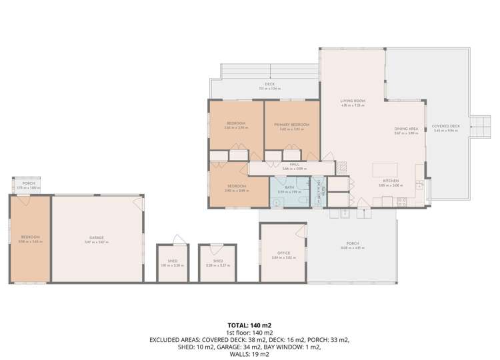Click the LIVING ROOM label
(x=353, y=101)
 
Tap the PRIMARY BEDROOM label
(x=292, y=125)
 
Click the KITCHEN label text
(x=391, y=181)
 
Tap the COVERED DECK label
(x=445, y=126)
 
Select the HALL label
(x=294, y=164)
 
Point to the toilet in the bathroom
(x=302, y=200)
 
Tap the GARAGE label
(x=97, y=237)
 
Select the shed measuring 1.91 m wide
(x=173, y=263)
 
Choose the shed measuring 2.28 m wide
(x=217, y=263)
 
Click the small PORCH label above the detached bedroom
(x=29, y=183)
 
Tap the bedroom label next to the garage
(x=30, y=237)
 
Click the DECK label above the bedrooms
(x=269, y=84)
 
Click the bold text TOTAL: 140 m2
(x=250, y=325)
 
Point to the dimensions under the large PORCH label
(x=353, y=248)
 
